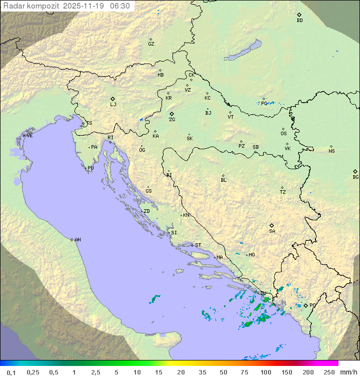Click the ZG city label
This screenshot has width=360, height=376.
point(172,120)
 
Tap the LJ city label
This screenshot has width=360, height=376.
point(113,105)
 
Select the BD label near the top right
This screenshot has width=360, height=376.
point(299,21)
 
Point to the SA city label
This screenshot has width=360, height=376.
point(272,231)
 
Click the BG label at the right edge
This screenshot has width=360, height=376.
point(355,177)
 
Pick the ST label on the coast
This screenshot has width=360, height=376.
point(198,245)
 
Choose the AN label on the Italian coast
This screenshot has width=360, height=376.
point(77,240)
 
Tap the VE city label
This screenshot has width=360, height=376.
point(29,136)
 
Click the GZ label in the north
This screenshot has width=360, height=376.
point(151,44)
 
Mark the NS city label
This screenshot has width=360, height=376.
point(331,151)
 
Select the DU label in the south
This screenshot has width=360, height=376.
point(263,293)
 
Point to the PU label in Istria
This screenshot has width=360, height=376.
point(90,168)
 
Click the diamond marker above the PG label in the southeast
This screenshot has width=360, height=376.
point(305,305)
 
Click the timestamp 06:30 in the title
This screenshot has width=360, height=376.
point(119,6)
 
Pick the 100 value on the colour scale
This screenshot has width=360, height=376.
point(265,372)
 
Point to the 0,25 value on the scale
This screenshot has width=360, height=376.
point(33,372)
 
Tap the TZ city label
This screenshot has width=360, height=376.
point(283,192)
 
